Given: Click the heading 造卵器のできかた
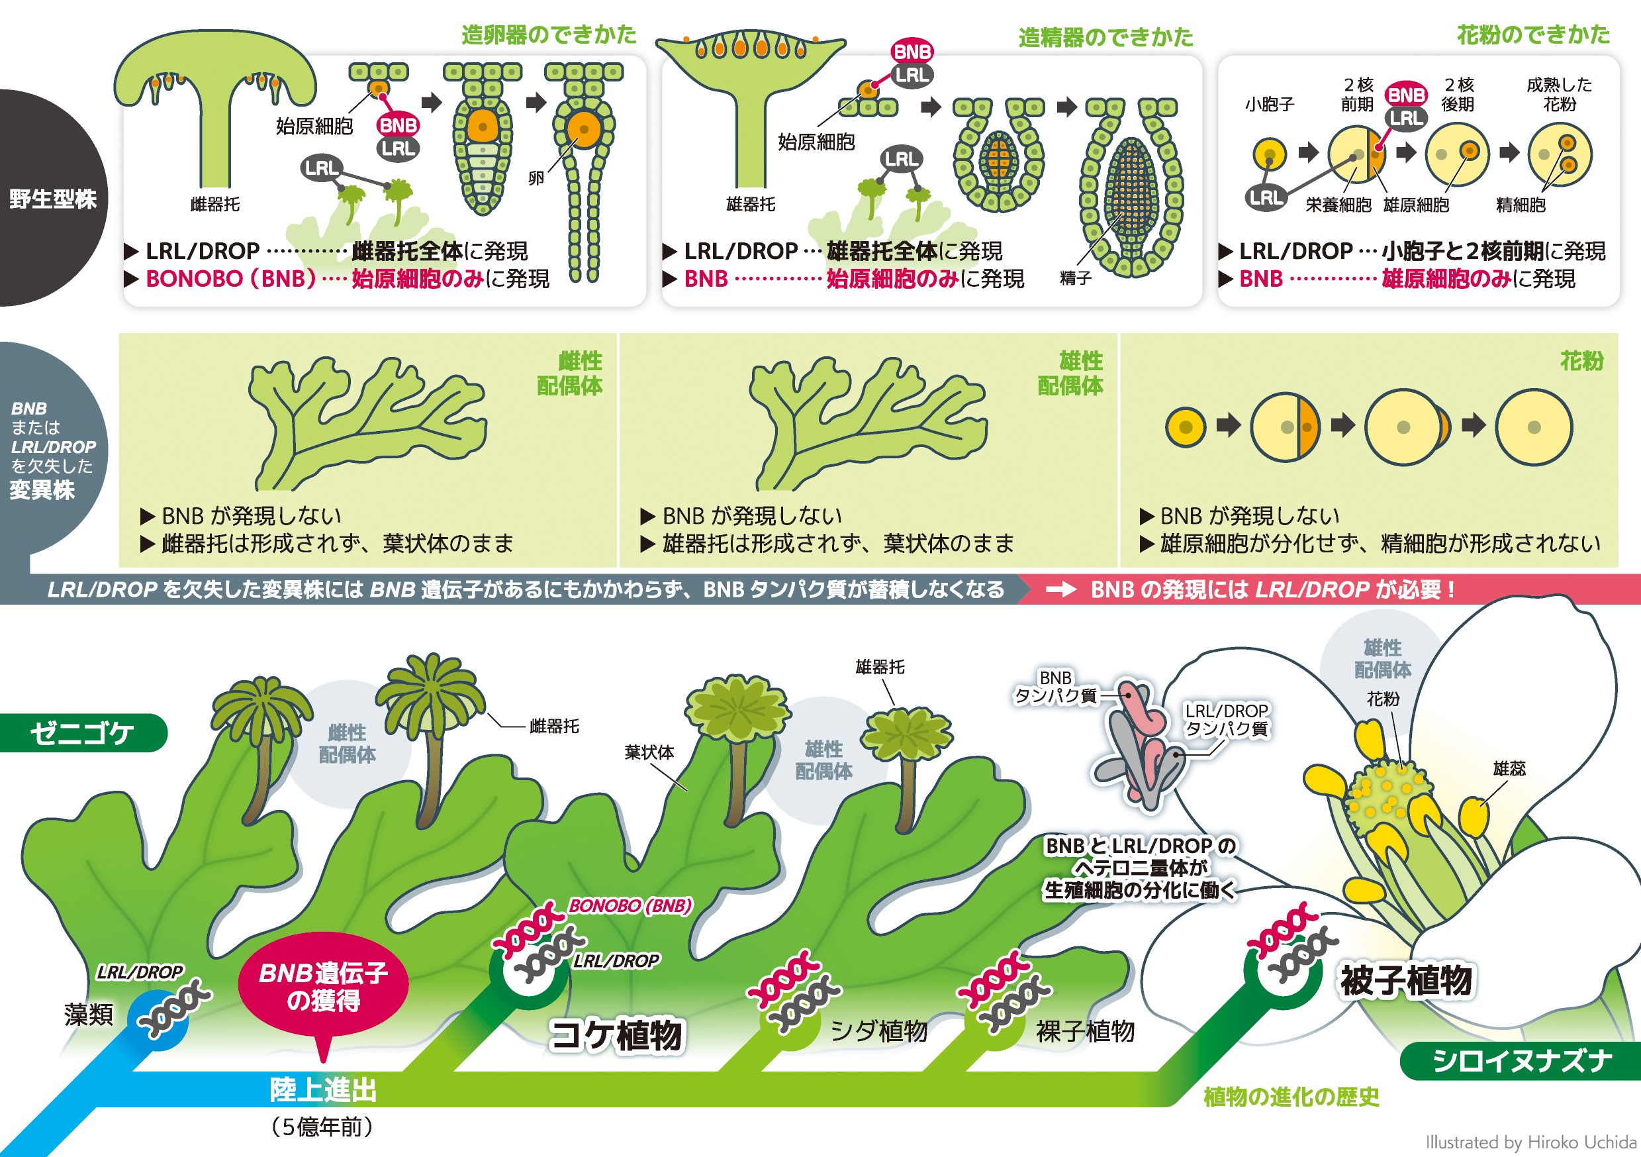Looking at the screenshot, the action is click(548, 34).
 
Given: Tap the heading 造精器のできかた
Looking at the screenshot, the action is click(1105, 36).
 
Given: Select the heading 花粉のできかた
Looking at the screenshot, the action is click(1534, 34).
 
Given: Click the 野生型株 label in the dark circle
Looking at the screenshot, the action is click(53, 199).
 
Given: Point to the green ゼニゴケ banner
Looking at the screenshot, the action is click(82, 733).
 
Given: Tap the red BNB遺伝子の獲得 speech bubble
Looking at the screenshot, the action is click(324, 986).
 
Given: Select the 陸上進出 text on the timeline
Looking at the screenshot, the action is click(323, 1090).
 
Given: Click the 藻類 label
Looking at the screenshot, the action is click(89, 1014).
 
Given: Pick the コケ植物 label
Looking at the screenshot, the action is click(616, 1034).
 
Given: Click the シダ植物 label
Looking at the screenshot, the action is click(878, 1031).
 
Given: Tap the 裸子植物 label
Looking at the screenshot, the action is click(1085, 1031).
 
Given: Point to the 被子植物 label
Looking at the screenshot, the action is click(1406, 980).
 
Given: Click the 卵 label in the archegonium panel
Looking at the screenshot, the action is click(536, 178).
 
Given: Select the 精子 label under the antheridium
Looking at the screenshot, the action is click(1075, 278).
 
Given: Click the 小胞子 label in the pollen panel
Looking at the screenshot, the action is click(1270, 105).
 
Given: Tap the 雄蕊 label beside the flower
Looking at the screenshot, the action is click(1509, 768).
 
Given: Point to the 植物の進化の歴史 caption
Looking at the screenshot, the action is click(1291, 1097).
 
